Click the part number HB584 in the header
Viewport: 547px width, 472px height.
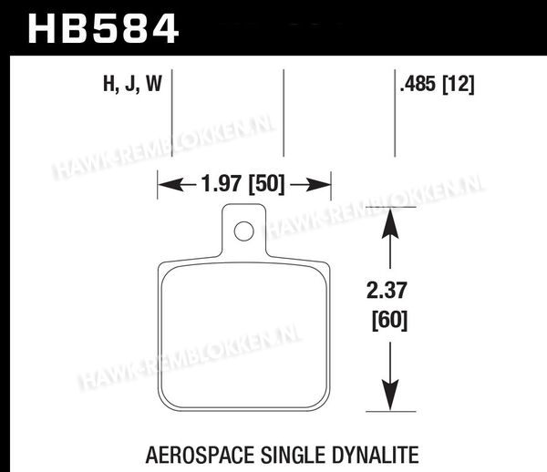pos(103,29)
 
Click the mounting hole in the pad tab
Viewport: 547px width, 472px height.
pos(243,231)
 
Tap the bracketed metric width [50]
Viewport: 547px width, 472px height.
pos(266,184)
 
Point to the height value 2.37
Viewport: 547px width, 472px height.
pos(387,291)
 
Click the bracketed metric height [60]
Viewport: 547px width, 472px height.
pos(389,320)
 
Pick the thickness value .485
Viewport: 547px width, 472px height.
pos(418,84)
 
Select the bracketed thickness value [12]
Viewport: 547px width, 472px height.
pos(459,85)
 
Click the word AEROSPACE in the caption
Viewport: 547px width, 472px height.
pos(200,455)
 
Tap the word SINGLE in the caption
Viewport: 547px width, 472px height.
pos(293,455)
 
